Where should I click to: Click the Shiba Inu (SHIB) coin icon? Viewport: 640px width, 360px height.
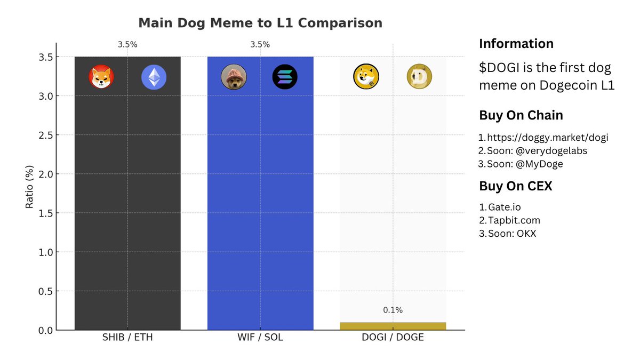click(101, 77)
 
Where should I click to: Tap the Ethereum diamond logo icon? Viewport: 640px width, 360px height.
click(154, 77)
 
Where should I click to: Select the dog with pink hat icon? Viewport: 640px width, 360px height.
click(234, 77)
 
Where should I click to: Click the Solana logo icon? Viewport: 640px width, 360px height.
click(285, 77)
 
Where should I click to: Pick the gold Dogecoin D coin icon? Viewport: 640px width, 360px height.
click(419, 77)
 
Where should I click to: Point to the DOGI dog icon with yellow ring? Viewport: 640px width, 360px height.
click(366, 77)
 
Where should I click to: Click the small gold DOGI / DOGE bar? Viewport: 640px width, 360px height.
click(393, 326)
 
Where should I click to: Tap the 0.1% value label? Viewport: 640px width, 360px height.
click(393, 310)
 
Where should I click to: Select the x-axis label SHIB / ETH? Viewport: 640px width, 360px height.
click(127, 338)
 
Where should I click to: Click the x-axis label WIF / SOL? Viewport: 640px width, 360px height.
click(260, 338)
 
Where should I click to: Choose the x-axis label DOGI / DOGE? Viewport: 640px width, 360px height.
click(393, 338)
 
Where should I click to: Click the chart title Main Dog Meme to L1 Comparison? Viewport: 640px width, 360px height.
click(260, 23)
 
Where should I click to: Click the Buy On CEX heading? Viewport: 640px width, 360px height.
click(515, 186)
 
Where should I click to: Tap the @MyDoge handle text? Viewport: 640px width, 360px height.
click(540, 164)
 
